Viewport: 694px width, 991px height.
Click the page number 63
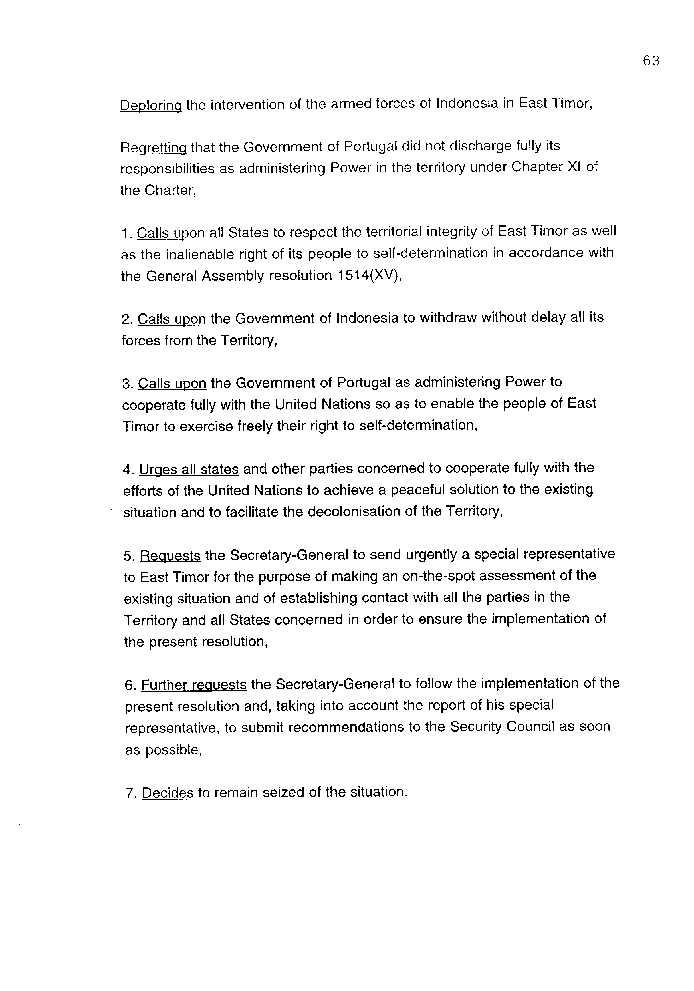coord(651,61)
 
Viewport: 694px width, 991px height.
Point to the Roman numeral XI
coord(574,167)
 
